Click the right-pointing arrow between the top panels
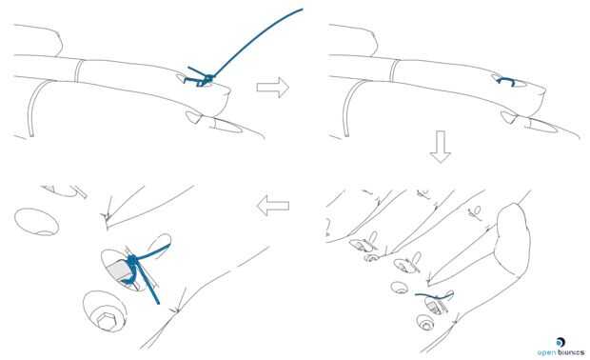(273, 87)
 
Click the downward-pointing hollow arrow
(441, 147)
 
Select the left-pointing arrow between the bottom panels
(273, 206)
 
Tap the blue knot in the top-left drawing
(206, 80)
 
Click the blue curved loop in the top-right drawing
(506, 79)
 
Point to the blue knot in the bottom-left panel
(132, 260)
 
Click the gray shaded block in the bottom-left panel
(118, 270)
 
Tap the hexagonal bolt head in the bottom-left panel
(107, 320)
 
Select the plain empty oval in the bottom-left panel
(36, 222)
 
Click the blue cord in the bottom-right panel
(435, 296)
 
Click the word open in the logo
(547, 352)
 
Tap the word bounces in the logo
(571, 352)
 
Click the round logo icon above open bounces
(560, 342)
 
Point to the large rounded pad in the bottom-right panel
(514, 239)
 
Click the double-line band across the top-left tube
(78, 70)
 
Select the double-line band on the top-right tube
(394, 70)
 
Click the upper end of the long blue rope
(302, 10)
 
